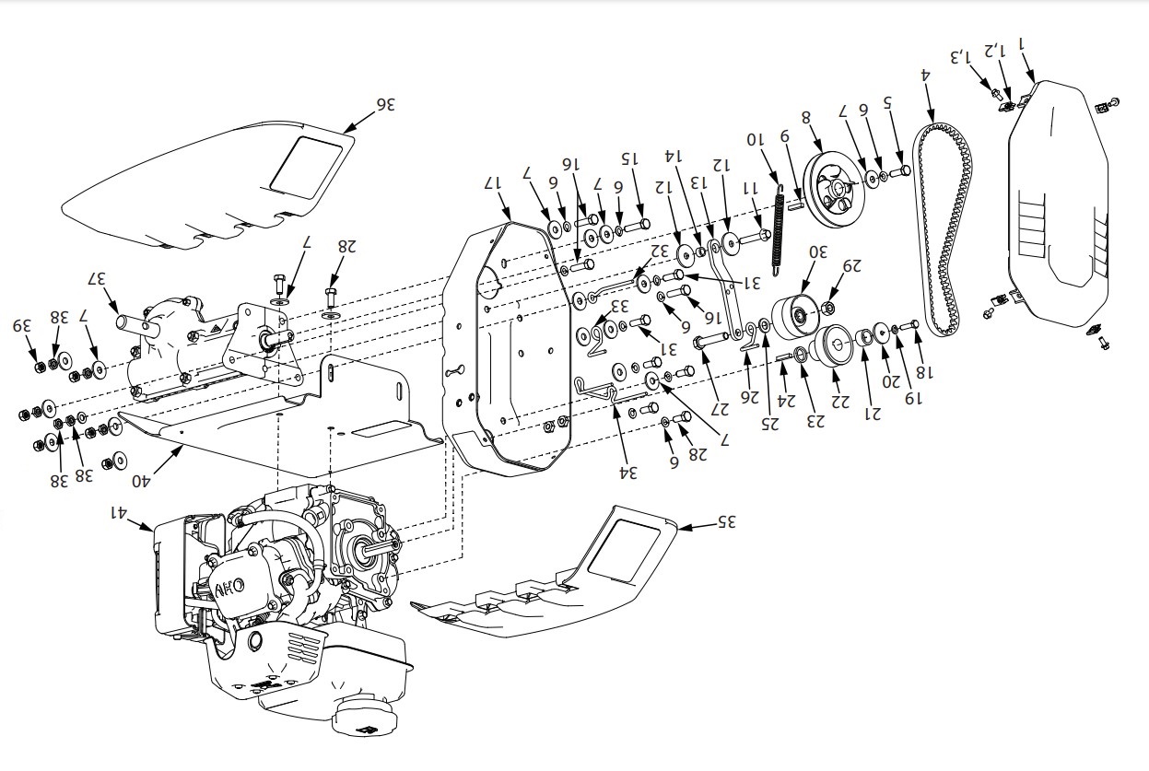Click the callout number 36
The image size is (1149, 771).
click(384, 105)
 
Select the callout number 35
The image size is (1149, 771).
click(727, 521)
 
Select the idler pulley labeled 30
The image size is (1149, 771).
click(795, 316)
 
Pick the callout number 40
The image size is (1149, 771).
click(141, 479)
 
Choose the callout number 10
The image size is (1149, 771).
click(756, 140)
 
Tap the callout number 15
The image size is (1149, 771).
click(629, 158)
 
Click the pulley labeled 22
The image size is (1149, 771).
click(838, 347)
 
